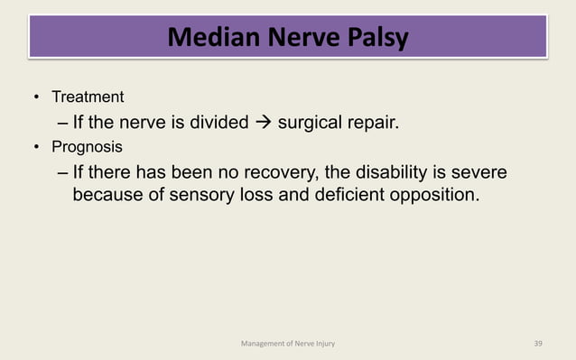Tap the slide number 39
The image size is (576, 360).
point(539,343)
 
